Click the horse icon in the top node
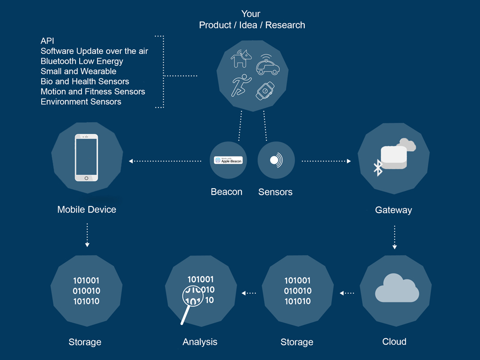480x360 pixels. [241, 59]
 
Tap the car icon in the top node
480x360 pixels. [267, 64]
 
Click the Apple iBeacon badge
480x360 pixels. [228, 160]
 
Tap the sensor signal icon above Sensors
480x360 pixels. [276, 160]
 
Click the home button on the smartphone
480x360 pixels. [86, 178]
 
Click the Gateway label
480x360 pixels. [394, 210]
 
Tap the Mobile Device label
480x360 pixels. [86, 209]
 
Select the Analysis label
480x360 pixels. [200, 342]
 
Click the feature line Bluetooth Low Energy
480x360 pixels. [82, 61]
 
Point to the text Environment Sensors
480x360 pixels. [81, 102]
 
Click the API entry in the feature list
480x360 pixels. [48, 41]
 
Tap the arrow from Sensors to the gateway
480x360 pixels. [326, 161]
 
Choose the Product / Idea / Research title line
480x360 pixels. [252, 25]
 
